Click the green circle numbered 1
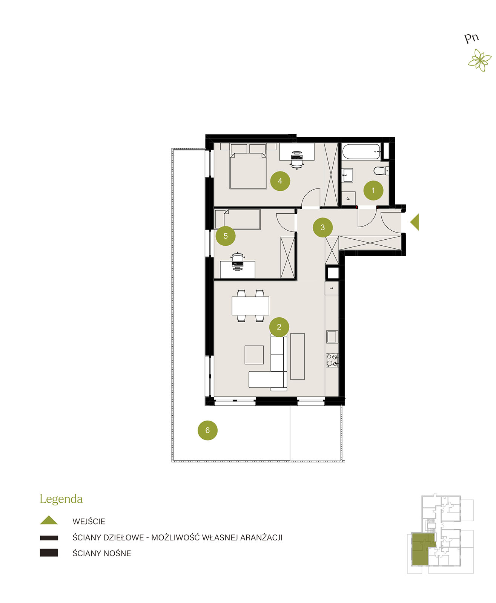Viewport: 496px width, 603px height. pyautogui.click(x=373, y=190)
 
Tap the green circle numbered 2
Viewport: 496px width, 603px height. pyautogui.click(x=279, y=327)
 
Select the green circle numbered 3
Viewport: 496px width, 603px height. pyautogui.click(x=322, y=227)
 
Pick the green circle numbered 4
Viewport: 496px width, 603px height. pyautogui.click(x=280, y=181)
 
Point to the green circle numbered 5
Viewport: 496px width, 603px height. pyautogui.click(x=225, y=236)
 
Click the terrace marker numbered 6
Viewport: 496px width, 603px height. pyautogui.click(x=207, y=430)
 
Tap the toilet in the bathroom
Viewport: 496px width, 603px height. pyautogui.click(x=381, y=171)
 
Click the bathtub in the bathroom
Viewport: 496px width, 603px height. pyautogui.click(x=361, y=151)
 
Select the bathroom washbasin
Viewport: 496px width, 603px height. pyautogui.click(x=347, y=174)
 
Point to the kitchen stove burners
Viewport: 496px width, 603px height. pyautogui.click(x=332, y=360)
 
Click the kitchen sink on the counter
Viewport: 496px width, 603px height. pyautogui.click(x=332, y=337)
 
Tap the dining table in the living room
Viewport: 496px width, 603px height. pyautogui.click(x=250, y=306)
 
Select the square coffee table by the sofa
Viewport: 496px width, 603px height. pyautogui.click(x=254, y=355)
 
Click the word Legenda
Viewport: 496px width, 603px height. pyautogui.click(x=61, y=499)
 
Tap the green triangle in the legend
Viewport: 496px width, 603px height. pyautogui.click(x=49, y=520)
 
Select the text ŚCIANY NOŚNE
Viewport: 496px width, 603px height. pyautogui.click(x=101, y=553)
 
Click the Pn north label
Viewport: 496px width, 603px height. pyautogui.click(x=471, y=38)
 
